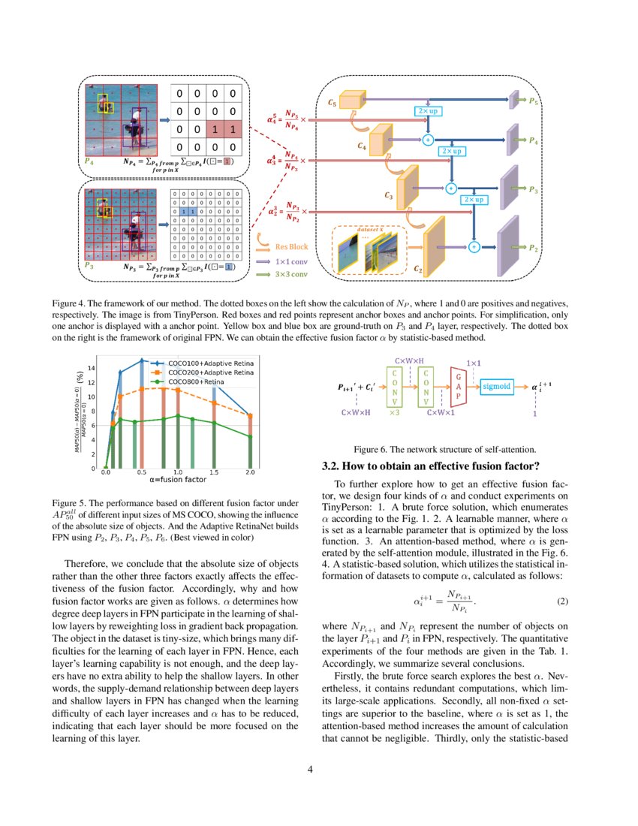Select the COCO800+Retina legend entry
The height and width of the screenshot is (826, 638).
197,381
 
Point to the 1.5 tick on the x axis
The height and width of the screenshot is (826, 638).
214,472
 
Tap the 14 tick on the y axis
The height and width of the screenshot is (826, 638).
92,368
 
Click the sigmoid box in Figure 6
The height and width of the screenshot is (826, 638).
496,386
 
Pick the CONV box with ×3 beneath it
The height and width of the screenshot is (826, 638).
394,386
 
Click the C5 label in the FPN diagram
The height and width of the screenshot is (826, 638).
333,103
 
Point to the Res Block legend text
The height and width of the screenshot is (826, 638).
291,246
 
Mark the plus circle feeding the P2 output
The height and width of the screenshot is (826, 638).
474,246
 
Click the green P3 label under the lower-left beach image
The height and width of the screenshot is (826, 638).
89,265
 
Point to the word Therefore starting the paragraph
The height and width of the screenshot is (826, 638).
91,563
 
